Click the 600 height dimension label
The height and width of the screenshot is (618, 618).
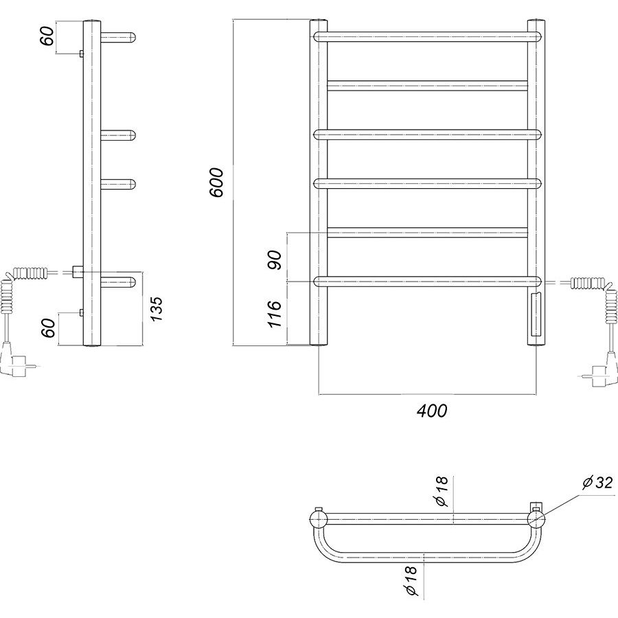click(216, 182)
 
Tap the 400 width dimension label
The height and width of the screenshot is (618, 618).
click(432, 411)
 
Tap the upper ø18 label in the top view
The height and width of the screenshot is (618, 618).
click(441, 491)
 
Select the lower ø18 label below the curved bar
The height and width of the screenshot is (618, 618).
click(409, 582)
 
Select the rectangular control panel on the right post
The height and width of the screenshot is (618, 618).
click(536, 314)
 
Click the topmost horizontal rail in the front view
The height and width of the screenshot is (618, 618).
click(428, 37)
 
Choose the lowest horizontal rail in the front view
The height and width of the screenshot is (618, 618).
click(428, 282)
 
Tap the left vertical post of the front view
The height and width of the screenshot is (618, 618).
click(319, 183)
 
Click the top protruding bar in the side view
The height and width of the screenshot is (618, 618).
click(118, 38)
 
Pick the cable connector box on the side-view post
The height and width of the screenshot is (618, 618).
click(78, 271)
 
